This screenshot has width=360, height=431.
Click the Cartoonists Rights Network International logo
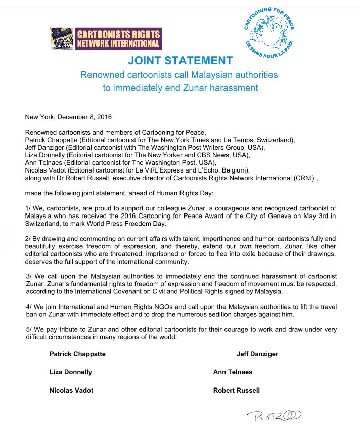click(x=105, y=39)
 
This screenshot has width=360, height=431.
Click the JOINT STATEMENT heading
click(x=180, y=61)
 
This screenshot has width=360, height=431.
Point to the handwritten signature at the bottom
click(x=275, y=416)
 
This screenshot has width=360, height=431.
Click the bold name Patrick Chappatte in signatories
click(x=77, y=354)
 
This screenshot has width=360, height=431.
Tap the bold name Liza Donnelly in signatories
click(x=71, y=372)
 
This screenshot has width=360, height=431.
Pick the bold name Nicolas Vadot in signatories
click(x=71, y=390)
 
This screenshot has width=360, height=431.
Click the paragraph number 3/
click(x=29, y=276)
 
